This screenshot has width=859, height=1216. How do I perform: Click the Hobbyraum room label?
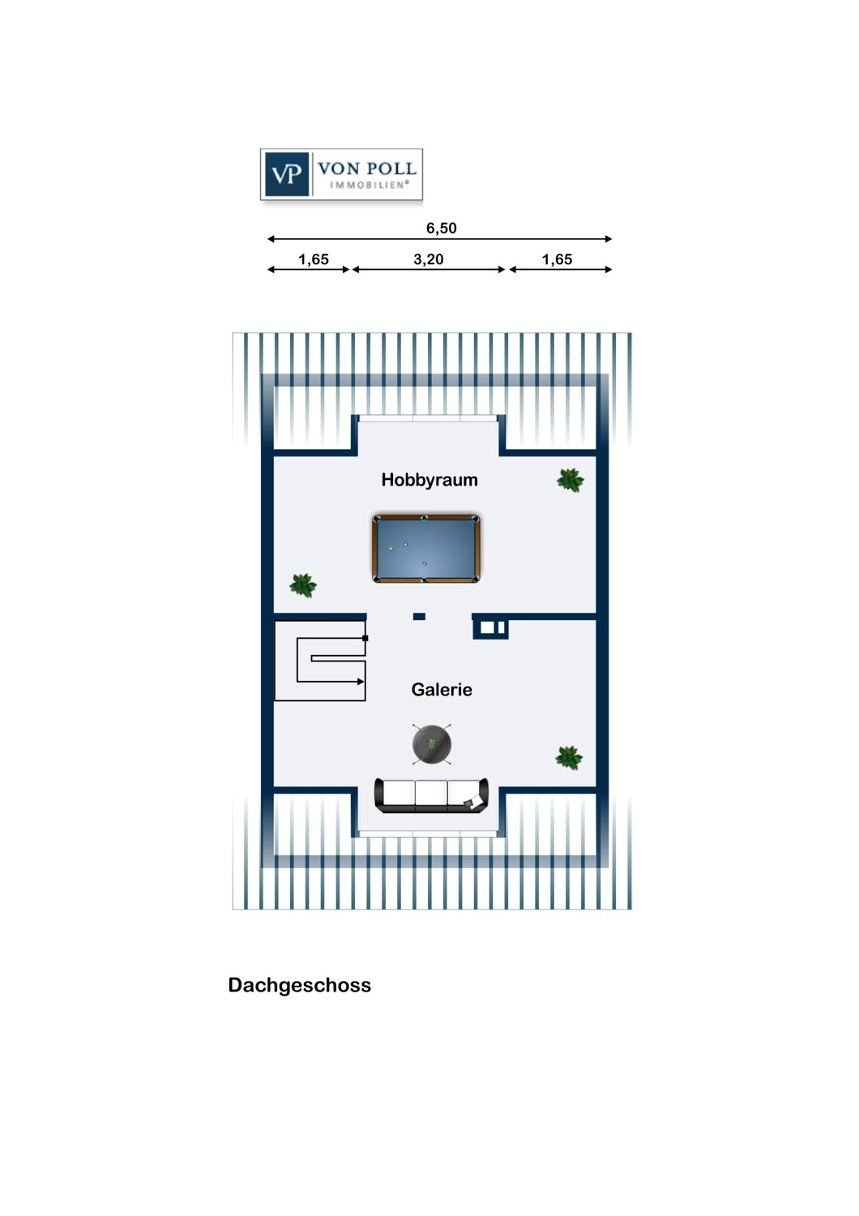429,480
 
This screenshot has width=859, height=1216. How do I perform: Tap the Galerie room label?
441,689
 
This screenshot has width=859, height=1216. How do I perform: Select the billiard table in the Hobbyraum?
426,548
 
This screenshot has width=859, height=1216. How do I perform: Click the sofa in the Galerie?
431,796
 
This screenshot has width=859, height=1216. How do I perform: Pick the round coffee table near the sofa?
431,743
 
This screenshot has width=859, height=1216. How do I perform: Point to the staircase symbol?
320,661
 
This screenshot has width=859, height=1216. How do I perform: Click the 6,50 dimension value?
441,228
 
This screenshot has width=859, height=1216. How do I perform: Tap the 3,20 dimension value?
428,259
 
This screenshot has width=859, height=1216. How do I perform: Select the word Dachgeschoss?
300,985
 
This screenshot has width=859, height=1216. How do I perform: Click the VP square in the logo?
287,174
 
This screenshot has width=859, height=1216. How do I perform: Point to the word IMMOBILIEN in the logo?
369,185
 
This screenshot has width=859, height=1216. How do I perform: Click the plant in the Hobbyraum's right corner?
570,481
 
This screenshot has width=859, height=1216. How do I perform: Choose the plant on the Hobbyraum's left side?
303,586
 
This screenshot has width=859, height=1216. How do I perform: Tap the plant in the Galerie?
569,757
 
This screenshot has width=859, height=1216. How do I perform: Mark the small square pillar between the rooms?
419,617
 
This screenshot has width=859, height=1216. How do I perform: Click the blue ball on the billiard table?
425,564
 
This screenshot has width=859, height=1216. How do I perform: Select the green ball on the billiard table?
391,548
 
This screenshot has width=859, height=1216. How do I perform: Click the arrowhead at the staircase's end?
361,681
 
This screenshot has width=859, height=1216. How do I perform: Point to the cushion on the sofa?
473,801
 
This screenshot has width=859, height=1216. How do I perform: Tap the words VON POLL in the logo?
367,169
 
